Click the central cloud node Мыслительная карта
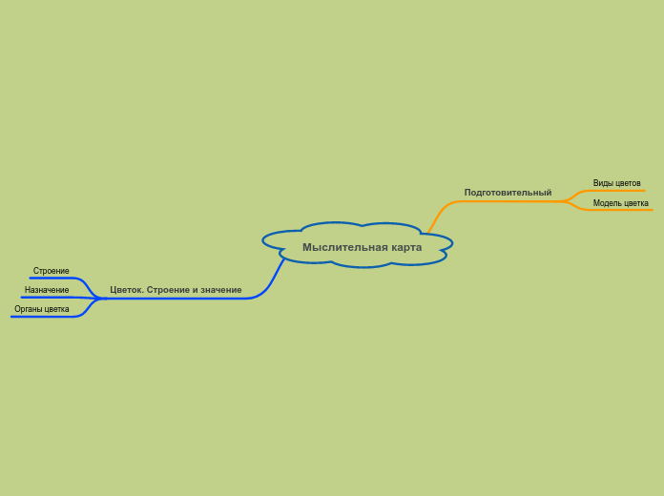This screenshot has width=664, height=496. click(x=358, y=245)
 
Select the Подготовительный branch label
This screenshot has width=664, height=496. click(x=508, y=193)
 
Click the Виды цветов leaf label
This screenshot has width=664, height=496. click(x=616, y=183)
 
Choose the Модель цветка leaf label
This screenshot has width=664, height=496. click(x=620, y=203)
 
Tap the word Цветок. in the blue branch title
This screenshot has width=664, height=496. click(x=126, y=290)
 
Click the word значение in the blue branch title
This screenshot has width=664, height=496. click(x=220, y=290)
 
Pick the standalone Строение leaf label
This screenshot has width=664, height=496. click(x=52, y=271)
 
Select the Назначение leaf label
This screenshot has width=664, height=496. click(x=47, y=290)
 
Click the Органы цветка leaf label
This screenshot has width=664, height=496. click(x=42, y=309)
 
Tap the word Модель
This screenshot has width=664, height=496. click(x=607, y=203)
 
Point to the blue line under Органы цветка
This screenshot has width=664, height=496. click(x=43, y=317)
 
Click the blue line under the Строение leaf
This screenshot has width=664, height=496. click(x=52, y=279)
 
